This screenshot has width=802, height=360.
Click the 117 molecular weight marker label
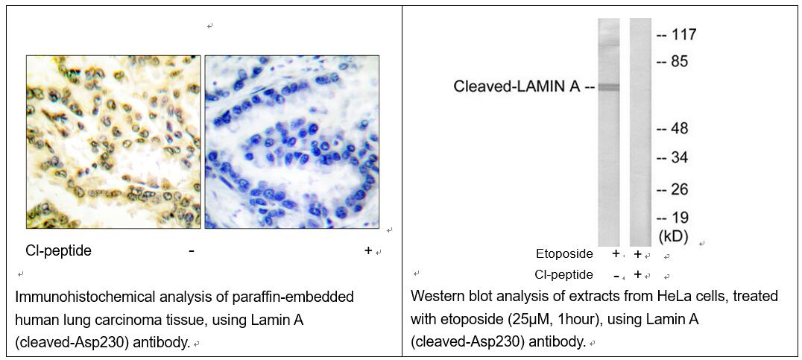(x=683, y=35)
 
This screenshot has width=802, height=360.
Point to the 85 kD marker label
(x=680, y=62)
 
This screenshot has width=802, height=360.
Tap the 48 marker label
(x=680, y=128)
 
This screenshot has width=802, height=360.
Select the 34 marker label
(x=680, y=158)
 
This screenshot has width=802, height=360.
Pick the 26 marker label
(x=680, y=190)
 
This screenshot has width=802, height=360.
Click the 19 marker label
(x=680, y=218)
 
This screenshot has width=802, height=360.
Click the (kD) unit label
(x=672, y=236)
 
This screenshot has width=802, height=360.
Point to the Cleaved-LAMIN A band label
(x=517, y=87)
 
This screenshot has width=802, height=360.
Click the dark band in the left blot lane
(x=609, y=87)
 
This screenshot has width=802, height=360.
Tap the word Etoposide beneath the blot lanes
(x=565, y=253)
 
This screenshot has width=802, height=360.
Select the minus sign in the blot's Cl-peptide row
(x=616, y=275)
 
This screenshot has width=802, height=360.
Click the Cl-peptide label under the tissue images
(x=59, y=250)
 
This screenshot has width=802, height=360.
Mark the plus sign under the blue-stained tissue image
(x=367, y=250)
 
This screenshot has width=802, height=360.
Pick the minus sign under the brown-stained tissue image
(x=192, y=251)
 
